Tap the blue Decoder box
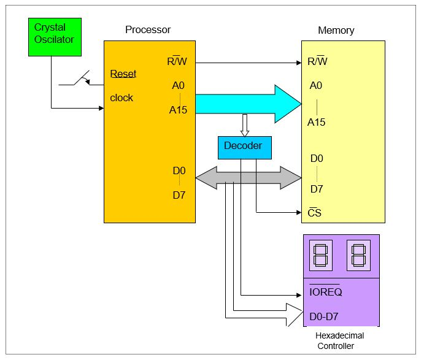point(244,147)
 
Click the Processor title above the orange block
point(148,29)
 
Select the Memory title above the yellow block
point(336,30)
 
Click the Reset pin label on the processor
point(123,74)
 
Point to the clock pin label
point(121,98)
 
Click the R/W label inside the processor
point(178,61)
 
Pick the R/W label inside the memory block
point(317,61)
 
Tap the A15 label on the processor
point(179,110)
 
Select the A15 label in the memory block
point(316,122)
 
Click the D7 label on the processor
point(179,195)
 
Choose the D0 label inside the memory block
point(317,158)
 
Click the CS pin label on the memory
point(314,213)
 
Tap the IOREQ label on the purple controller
point(325,292)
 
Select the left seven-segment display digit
point(320,255)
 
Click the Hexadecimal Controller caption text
point(339,341)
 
